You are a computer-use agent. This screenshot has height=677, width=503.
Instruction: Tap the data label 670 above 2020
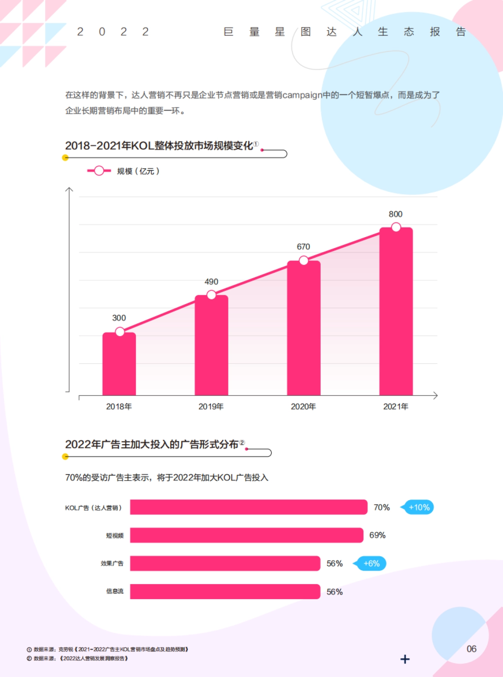(x=303, y=247)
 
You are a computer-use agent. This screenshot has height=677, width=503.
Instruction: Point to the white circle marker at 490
(x=212, y=295)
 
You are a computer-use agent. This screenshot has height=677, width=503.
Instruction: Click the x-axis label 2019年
(x=211, y=406)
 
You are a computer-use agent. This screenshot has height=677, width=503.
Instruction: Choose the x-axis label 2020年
(x=303, y=406)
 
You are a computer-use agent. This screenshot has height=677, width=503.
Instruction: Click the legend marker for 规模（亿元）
(x=99, y=171)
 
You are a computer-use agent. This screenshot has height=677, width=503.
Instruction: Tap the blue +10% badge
(x=419, y=507)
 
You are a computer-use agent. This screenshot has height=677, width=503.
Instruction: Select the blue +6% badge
(x=371, y=563)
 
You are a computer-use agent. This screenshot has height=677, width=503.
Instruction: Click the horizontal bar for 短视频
(x=246, y=535)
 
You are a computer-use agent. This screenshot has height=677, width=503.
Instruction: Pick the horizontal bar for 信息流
(x=225, y=592)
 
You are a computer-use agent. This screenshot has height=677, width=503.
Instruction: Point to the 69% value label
(x=377, y=535)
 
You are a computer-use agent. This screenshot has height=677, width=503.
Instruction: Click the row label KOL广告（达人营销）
(x=93, y=508)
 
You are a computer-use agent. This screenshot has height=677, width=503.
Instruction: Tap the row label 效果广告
(x=112, y=563)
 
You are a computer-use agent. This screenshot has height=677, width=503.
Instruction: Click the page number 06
(x=472, y=649)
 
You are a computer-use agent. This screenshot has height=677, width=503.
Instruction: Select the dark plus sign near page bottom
(x=405, y=659)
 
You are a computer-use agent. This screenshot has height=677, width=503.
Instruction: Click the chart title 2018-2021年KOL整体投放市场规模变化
(x=159, y=146)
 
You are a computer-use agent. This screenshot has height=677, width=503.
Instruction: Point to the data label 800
(x=395, y=214)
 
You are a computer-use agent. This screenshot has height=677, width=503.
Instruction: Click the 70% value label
(x=381, y=507)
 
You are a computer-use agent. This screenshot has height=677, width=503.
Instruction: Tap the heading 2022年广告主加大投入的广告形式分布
(x=152, y=444)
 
